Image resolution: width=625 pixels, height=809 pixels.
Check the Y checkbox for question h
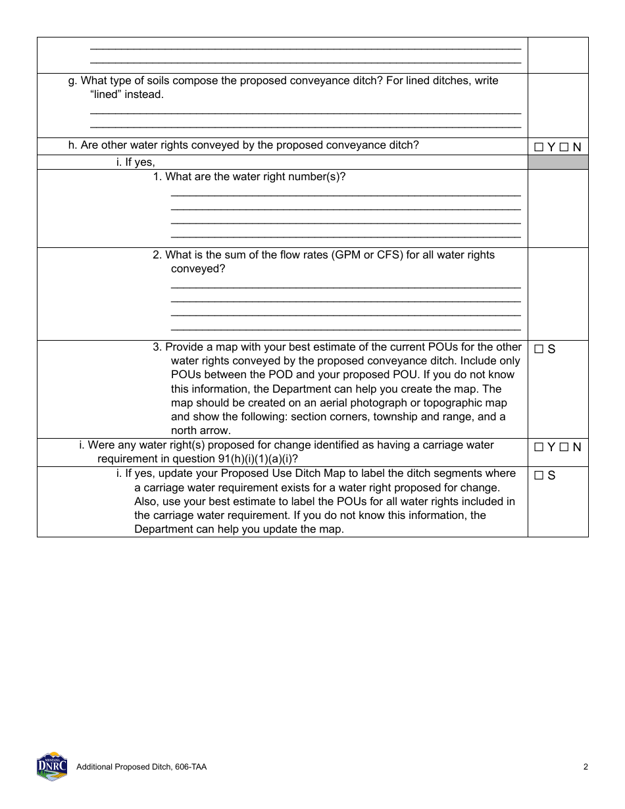[x=539, y=147]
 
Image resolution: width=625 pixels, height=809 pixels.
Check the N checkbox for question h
[x=564, y=147]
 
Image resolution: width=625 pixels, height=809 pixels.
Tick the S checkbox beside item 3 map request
[x=539, y=349]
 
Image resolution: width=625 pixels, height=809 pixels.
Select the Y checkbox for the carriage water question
[x=539, y=447]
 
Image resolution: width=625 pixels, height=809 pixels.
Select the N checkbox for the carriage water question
[x=564, y=447]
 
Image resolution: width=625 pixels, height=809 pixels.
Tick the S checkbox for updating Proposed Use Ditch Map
[x=539, y=476]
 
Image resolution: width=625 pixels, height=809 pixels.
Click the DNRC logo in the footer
[x=51, y=766]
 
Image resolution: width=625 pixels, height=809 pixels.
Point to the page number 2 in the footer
[x=585, y=766]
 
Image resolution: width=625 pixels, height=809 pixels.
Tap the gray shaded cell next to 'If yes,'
[x=557, y=162]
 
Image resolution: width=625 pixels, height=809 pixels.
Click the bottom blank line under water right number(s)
[x=345, y=236]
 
